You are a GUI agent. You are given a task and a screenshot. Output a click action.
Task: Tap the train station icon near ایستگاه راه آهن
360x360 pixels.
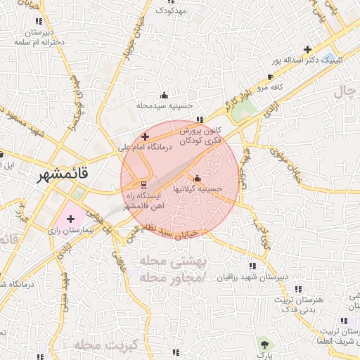pos(134,184)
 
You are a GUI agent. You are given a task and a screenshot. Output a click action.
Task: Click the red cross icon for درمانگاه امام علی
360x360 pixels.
pos(145,136)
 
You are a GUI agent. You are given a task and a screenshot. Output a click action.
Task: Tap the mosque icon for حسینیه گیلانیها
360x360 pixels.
pos(197,178)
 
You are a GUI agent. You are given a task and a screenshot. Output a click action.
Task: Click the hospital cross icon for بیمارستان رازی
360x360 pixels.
pos(70,219)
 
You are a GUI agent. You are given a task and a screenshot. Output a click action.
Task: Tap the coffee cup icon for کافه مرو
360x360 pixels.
pos(270,77)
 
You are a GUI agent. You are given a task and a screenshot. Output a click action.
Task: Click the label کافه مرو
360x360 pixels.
pos(269,87)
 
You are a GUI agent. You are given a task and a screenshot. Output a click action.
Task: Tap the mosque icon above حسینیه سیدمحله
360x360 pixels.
pos(165,95)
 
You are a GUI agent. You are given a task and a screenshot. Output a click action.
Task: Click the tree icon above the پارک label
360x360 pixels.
pos(264,345)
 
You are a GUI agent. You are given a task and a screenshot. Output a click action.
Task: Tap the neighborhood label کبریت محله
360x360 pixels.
pos(108,345)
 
